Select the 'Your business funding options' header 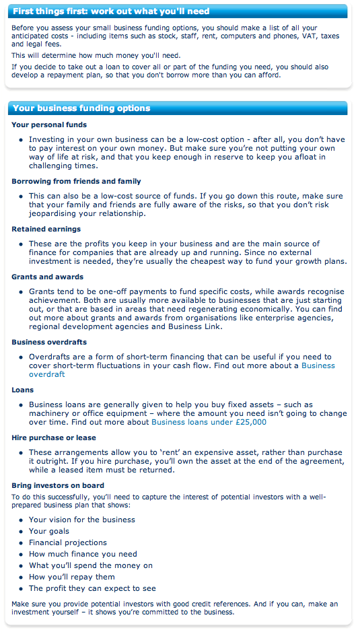(81, 108)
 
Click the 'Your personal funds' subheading (49, 125)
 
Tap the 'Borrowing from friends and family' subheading (76, 181)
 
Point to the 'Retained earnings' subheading (46, 229)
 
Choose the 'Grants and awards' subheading (48, 277)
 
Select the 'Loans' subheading (22, 390)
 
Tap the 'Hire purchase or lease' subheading (54, 437)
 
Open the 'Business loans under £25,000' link (209, 422)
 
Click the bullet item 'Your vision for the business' (82, 520)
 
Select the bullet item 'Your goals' (49, 531)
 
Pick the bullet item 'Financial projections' (68, 542)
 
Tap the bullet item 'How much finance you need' (83, 554)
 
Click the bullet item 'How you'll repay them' (72, 577)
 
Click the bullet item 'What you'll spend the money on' (91, 565)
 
